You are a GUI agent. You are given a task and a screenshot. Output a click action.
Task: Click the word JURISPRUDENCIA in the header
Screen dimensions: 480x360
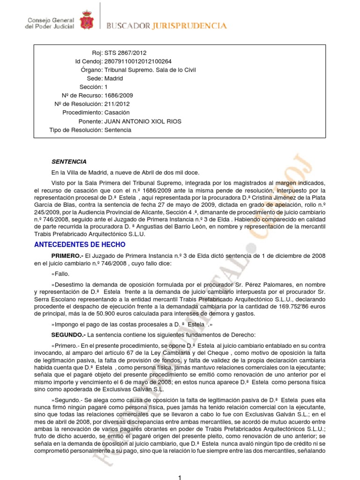(189, 26)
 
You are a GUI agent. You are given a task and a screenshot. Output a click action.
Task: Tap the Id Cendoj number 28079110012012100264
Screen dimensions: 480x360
(138, 61)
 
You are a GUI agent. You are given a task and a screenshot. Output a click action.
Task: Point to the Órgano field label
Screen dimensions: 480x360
(91, 70)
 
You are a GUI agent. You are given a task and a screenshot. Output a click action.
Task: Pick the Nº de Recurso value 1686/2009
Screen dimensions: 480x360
(120, 96)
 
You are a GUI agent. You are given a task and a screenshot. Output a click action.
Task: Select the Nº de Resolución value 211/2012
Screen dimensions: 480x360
(117, 104)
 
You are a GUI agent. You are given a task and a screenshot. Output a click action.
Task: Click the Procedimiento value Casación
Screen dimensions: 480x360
(119, 112)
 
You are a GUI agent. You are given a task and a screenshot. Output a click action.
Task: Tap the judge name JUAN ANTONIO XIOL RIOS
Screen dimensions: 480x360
(142, 121)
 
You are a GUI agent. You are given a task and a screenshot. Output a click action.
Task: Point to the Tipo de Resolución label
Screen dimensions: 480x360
(75, 130)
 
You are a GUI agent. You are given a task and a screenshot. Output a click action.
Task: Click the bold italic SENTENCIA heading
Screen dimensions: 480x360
(69, 161)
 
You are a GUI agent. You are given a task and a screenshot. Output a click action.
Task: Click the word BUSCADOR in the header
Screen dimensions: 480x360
(128, 26)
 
